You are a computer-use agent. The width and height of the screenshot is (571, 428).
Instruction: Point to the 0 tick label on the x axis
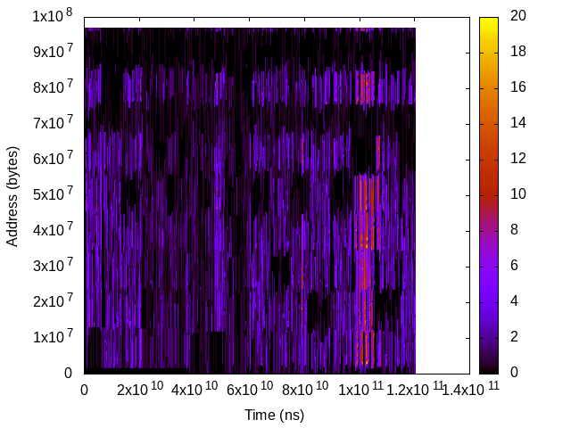pyautogui.click(x=84, y=390)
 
